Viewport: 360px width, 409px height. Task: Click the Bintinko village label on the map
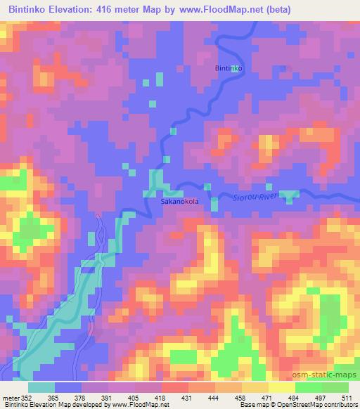(229, 68)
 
